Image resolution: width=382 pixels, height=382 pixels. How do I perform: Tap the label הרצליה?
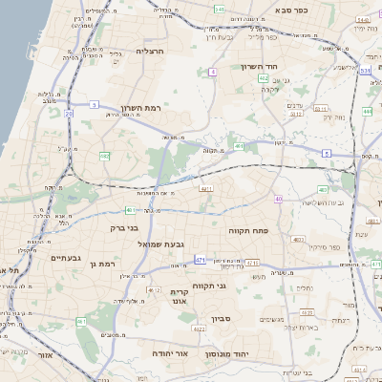point(151,51)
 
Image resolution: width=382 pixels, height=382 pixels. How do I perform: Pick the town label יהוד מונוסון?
point(226,353)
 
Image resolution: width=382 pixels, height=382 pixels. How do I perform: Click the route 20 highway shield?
point(69,113)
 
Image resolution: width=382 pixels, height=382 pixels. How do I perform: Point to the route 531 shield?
point(367,69)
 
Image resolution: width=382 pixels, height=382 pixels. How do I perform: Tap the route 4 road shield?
point(212,72)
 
